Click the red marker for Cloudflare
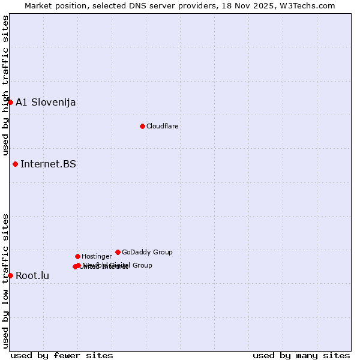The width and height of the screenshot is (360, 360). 142,126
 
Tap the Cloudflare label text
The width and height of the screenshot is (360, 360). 163,126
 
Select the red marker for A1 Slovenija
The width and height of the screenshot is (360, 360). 10,102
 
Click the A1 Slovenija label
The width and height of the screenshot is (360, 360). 46,102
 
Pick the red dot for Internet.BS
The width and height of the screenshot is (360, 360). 15,164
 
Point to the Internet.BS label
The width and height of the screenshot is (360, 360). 48,164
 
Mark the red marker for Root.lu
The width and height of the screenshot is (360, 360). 10,275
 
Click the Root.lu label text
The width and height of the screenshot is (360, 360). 32,276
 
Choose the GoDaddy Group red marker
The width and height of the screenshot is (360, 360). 118,252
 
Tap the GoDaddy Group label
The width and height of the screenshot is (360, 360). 147,252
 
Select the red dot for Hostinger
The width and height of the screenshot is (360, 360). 77,256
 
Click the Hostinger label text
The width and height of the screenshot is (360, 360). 97,256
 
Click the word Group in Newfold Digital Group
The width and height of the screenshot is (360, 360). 142,265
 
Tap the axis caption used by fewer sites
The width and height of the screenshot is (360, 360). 62,355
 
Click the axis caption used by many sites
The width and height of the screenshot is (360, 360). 301,355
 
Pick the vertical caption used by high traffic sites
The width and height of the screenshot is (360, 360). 5,85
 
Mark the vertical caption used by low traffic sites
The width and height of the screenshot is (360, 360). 5,281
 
